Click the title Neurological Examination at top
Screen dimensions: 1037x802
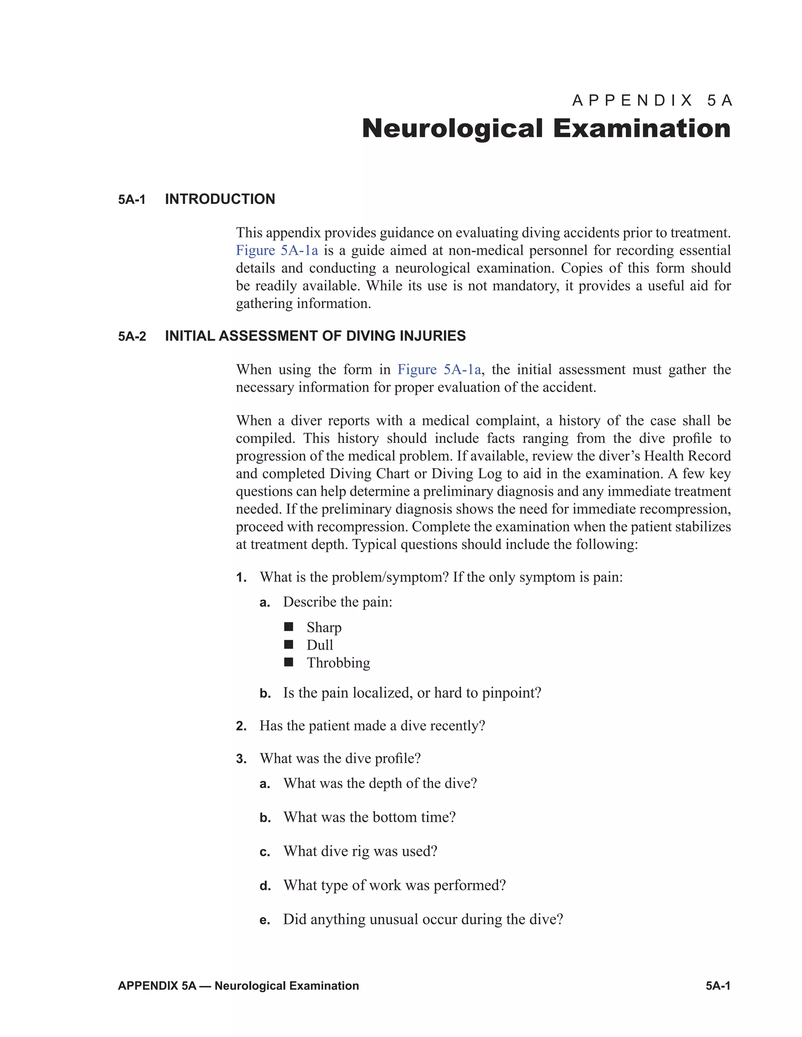pos(546,129)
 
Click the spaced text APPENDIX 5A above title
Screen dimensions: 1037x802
pos(652,101)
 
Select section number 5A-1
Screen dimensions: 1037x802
pos(132,200)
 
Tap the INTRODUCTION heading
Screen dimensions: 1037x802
pos(220,199)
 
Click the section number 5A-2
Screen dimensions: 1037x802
pos(132,337)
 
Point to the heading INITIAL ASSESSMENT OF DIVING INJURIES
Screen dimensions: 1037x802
pos(315,336)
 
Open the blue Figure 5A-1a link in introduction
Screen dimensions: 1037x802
pos(277,250)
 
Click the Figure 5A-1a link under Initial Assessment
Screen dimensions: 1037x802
pos(439,369)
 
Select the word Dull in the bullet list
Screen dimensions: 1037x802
pos(320,645)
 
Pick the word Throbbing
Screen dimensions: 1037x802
pos(338,663)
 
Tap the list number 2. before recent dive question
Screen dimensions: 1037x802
pos(241,726)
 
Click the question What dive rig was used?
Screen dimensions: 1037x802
pos(360,851)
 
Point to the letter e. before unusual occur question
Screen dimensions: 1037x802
pos(265,920)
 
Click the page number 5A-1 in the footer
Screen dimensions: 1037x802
pos(718,986)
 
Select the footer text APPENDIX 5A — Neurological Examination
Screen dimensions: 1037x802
pos(238,986)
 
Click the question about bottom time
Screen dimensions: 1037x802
pos(369,817)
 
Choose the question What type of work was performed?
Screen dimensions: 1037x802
pos(394,885)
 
